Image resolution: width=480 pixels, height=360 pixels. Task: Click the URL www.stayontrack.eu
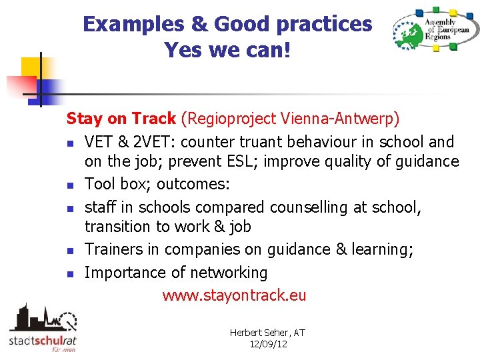click(234, 295)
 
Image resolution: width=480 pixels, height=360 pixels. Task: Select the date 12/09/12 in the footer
click(267, 344)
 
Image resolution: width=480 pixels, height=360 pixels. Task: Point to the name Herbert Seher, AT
click(267, 333)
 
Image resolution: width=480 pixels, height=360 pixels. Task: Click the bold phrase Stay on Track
click(121, 119)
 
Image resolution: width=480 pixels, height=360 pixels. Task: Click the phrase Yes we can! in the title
click(227, 49)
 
